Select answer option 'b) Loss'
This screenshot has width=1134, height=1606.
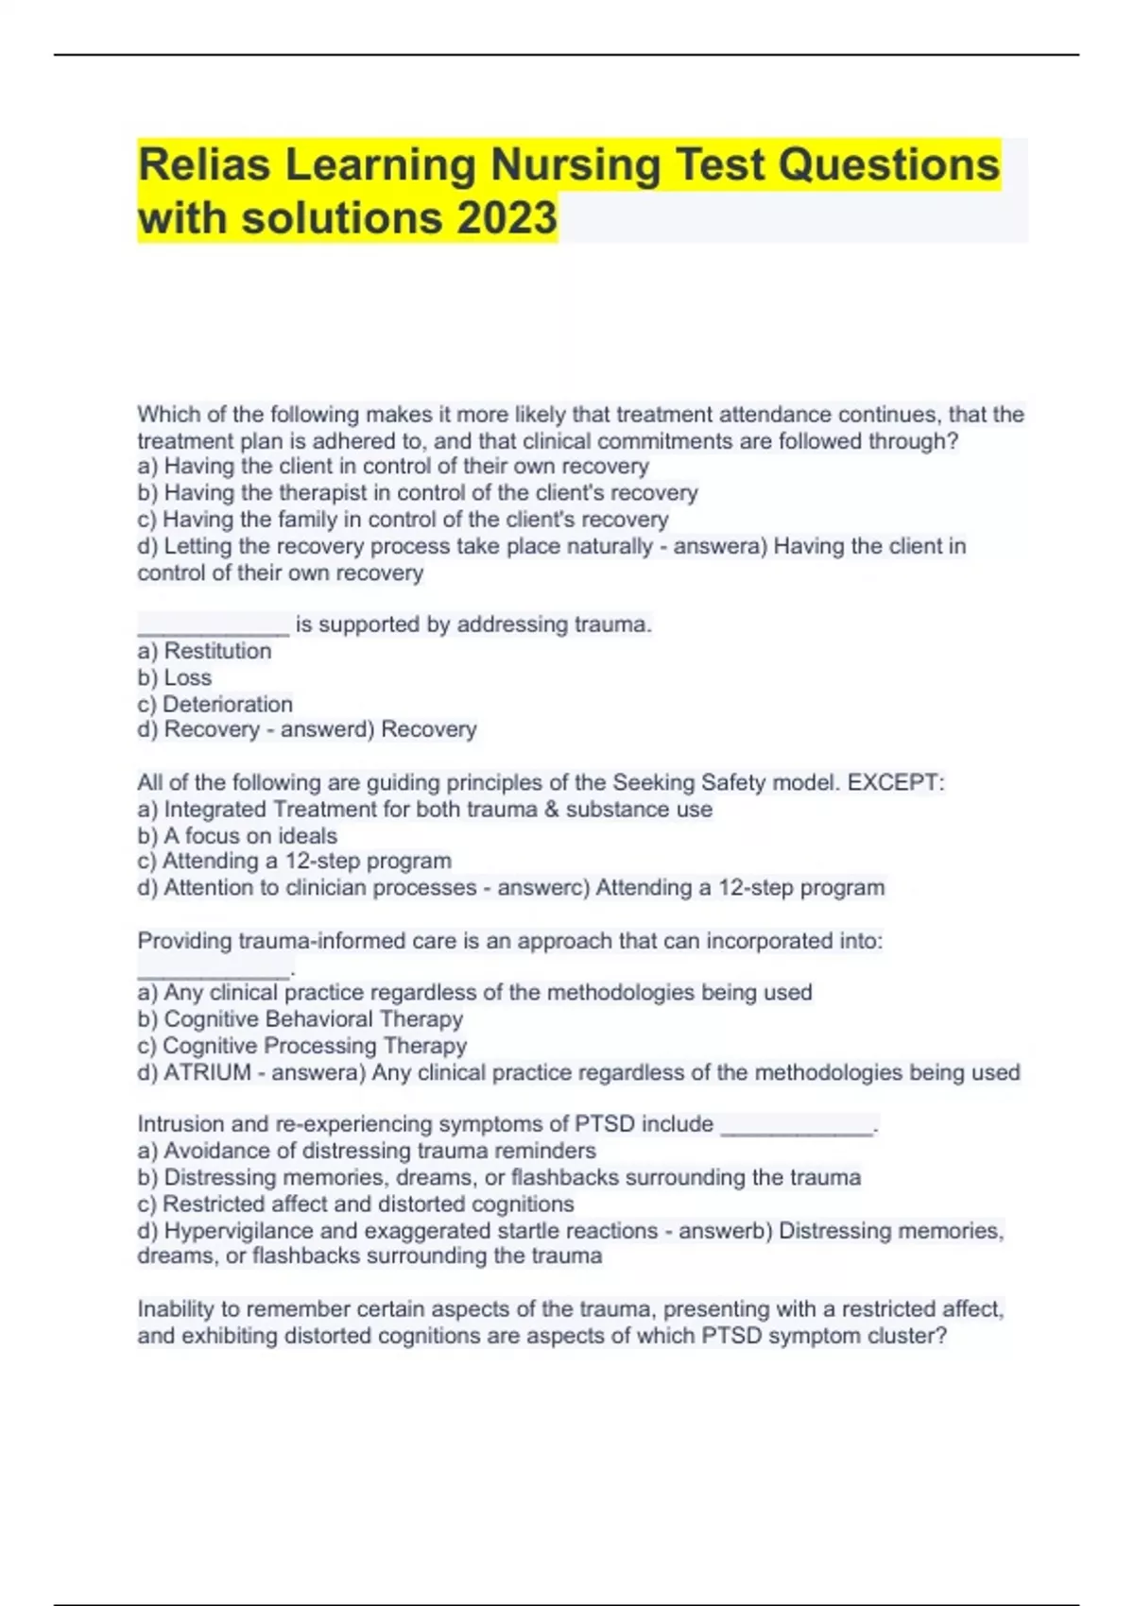pos(175,677)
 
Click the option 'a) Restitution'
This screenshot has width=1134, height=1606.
pos(204,651)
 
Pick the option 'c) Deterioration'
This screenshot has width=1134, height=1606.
pos(215,704)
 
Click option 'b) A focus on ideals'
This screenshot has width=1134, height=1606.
pos(237,835)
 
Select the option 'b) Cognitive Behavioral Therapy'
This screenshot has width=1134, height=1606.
pos(301,1018)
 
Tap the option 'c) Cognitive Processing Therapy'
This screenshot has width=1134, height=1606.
pos(302,1046)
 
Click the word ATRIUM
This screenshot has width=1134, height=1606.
pos(208,1072)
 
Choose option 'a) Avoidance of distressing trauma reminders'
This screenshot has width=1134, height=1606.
pos(367,1151)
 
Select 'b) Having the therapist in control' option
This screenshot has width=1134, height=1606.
pos(418,492)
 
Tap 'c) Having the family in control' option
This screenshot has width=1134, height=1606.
pos(403,519)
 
